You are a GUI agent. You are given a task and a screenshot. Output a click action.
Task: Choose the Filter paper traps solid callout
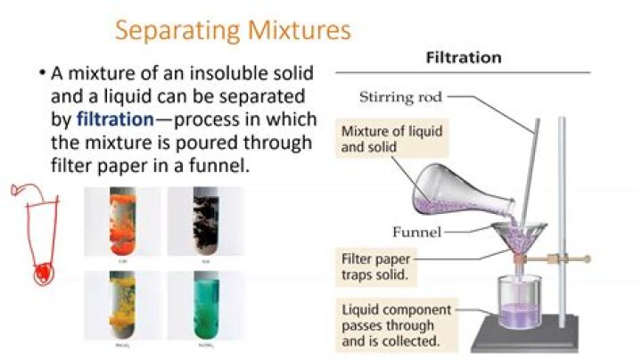pyautogui.click(x=385, y=266)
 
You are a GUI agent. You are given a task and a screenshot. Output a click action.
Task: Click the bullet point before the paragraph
pyautogui.click(x=42, y=73)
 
